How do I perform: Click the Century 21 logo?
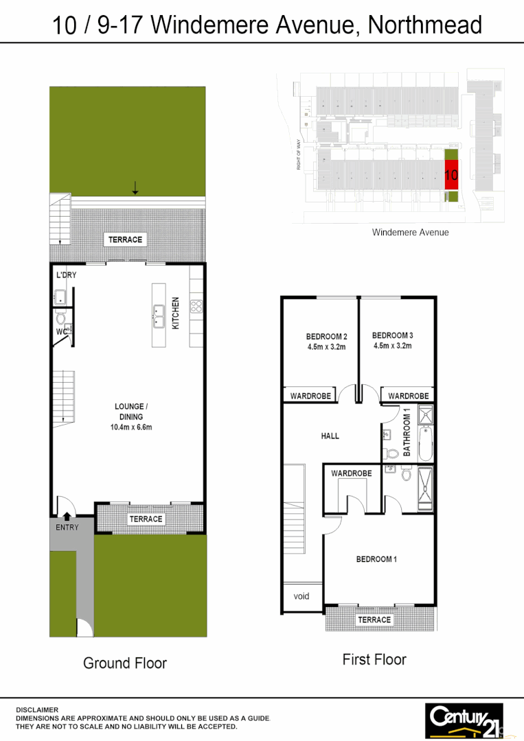coord(464,719)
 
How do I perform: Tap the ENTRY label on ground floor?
coord(67,528)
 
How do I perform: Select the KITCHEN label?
coord(176,312)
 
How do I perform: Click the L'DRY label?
coord(66,275)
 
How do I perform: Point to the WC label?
coord(61,332)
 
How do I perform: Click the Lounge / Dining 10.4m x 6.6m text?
coord(130,416)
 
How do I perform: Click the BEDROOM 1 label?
coord(376,559)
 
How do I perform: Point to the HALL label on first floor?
coord(330,436)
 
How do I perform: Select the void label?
coord(301,596)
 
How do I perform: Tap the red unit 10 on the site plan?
coord(451,175)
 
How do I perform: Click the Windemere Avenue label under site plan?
coord(410,232)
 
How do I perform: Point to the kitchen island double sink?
coord(159,316)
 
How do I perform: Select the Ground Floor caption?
coord(125,663)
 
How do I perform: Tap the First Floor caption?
coord(374,659)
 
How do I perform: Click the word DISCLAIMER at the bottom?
coord(38,710)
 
